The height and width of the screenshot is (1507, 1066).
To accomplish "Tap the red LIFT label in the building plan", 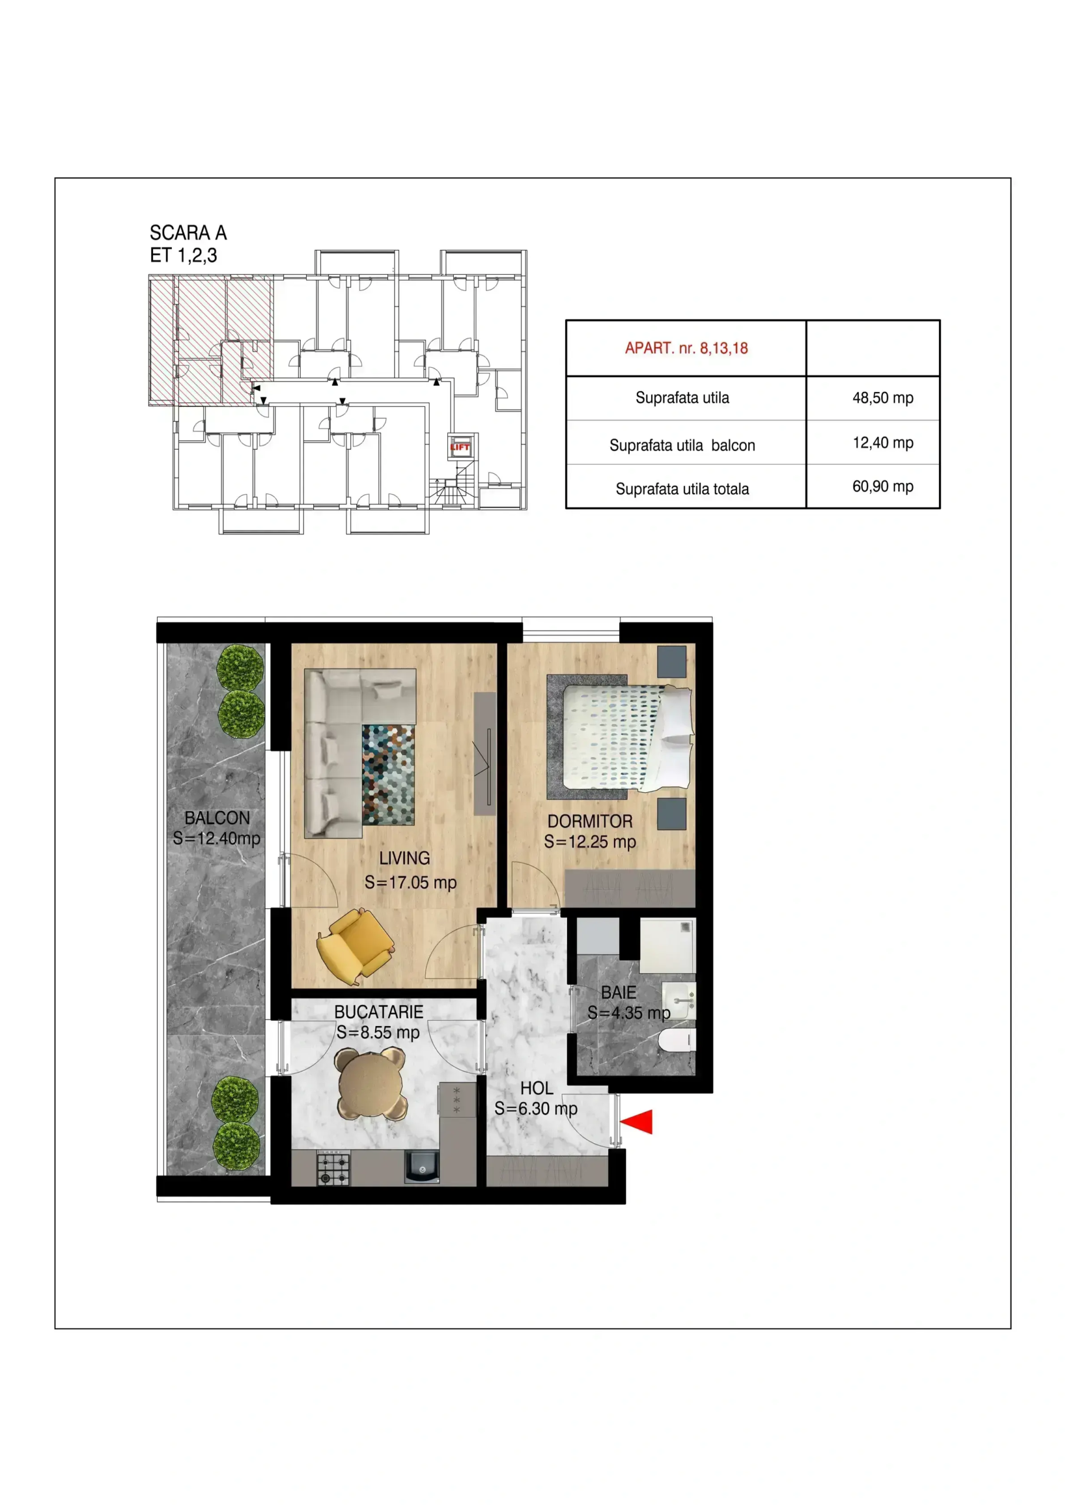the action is (x=460, y=447).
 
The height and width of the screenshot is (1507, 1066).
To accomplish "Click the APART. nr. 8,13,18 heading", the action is (x=686, y=348).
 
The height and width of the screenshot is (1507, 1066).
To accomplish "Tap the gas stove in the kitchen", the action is (x=333, y=1169).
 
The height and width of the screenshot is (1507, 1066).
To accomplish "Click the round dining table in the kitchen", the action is (x=371, y=1084).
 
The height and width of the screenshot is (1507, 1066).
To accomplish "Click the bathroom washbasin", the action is (x=679, y=1000).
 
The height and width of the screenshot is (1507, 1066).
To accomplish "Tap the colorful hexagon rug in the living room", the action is (x=388, y=775).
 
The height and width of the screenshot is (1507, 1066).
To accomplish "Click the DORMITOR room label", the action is (x=590, y=821).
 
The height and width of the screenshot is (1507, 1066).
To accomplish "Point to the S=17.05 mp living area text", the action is (x=410, y=882).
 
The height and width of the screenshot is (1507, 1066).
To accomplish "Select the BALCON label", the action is (x=217, y=818).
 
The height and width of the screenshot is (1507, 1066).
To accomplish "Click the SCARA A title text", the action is (x=188, y=233).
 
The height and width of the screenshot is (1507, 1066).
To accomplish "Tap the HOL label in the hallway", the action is (x=536, y=1088).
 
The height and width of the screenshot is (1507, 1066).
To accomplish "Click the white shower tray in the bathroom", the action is (x=668, y=946).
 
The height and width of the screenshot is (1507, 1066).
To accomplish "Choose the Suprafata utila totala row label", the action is (x=682, y=489).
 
